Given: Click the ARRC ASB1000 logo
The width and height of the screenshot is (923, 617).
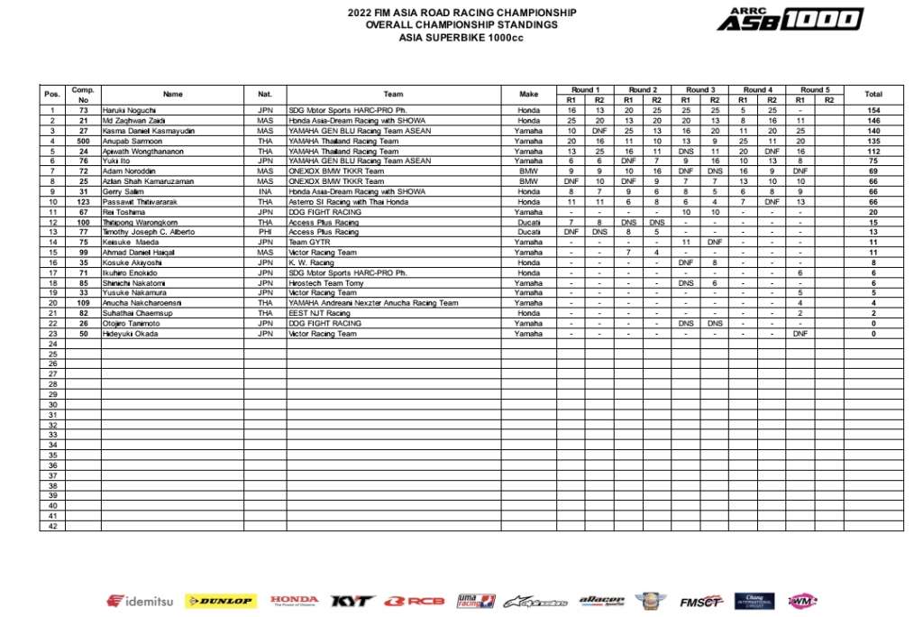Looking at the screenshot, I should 790,19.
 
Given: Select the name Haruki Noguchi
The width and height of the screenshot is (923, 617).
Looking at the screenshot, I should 129,110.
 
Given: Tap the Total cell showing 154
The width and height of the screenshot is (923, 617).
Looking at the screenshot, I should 872,110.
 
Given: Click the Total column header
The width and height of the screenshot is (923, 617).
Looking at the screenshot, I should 872,94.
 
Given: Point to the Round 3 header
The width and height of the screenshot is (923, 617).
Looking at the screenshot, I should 699,89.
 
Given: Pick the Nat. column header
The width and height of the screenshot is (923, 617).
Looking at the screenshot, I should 264,94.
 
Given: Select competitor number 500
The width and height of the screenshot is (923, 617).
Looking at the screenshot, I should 83,141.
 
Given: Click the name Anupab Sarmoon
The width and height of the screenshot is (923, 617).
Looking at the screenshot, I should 132,141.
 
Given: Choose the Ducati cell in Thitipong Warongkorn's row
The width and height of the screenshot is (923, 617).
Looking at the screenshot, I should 528,222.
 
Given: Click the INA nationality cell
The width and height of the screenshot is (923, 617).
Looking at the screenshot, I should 264,191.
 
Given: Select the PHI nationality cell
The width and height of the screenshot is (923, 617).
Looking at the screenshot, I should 264,232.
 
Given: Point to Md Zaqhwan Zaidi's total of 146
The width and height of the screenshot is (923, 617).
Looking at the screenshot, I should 872,120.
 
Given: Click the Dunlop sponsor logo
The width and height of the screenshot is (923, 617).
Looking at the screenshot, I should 220,601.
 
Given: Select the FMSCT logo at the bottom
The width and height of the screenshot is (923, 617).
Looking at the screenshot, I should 700,601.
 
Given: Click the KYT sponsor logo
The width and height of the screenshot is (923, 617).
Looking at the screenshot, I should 351,601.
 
